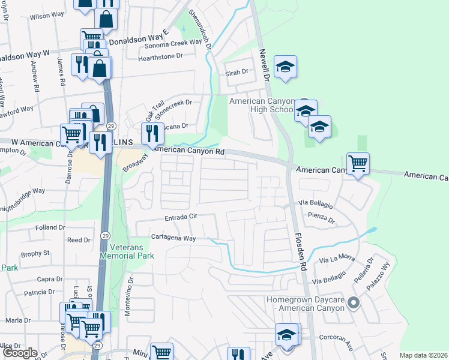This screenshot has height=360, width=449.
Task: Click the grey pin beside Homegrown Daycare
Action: pos(354,302)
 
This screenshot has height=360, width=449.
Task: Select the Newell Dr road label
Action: pos(263,65)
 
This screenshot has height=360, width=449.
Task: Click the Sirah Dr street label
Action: pos(237,72)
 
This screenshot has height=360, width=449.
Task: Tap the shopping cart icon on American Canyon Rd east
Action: pos(358,162)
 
